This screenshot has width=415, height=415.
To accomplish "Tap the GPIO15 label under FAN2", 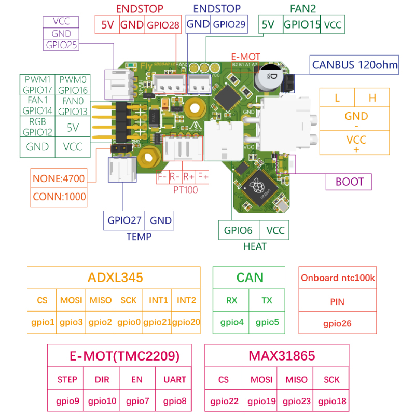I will click(302, 24).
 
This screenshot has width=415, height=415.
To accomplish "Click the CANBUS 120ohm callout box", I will click(355, 65).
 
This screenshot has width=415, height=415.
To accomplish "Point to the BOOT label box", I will click(349, 182).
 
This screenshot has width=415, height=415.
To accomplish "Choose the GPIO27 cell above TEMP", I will click(125, 220).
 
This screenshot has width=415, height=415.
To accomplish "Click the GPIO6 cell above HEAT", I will click(238, 230).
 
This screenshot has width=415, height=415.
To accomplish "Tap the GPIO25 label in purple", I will click(61, 45).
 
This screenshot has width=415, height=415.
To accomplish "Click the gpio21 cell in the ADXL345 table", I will click(157, 322).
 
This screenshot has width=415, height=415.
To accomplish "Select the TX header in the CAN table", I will click(267, 300).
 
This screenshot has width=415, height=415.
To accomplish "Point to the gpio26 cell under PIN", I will click(337, 323).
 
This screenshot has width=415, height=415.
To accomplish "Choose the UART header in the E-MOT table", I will click(174, 379).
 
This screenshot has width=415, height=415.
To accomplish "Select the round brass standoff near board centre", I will click(196, 108).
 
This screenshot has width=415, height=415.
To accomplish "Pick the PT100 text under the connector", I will click(185, 190).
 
